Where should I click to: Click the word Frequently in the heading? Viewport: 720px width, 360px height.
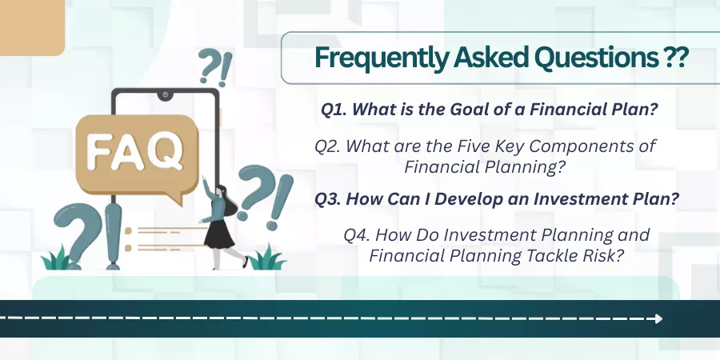[380, 58]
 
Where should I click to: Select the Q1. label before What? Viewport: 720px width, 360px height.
[334, 110]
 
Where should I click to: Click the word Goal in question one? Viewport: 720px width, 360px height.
[468, 110]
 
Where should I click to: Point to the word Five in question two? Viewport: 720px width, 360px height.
[473, 146]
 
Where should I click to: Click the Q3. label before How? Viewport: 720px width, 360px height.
[328, 199]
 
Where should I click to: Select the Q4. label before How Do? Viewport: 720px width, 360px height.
[358, 235]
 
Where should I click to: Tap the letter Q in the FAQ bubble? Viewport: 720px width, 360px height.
[166, 150]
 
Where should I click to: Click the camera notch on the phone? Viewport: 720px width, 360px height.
[165, 95]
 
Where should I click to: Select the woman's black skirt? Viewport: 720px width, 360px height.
[219, 234]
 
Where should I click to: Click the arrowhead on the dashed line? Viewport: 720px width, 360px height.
[659, 318]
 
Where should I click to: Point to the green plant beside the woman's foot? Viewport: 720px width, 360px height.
[266, 258]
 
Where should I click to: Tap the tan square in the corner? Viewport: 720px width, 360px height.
[32, 27]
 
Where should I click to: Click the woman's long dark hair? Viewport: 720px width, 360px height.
[227, 199]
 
